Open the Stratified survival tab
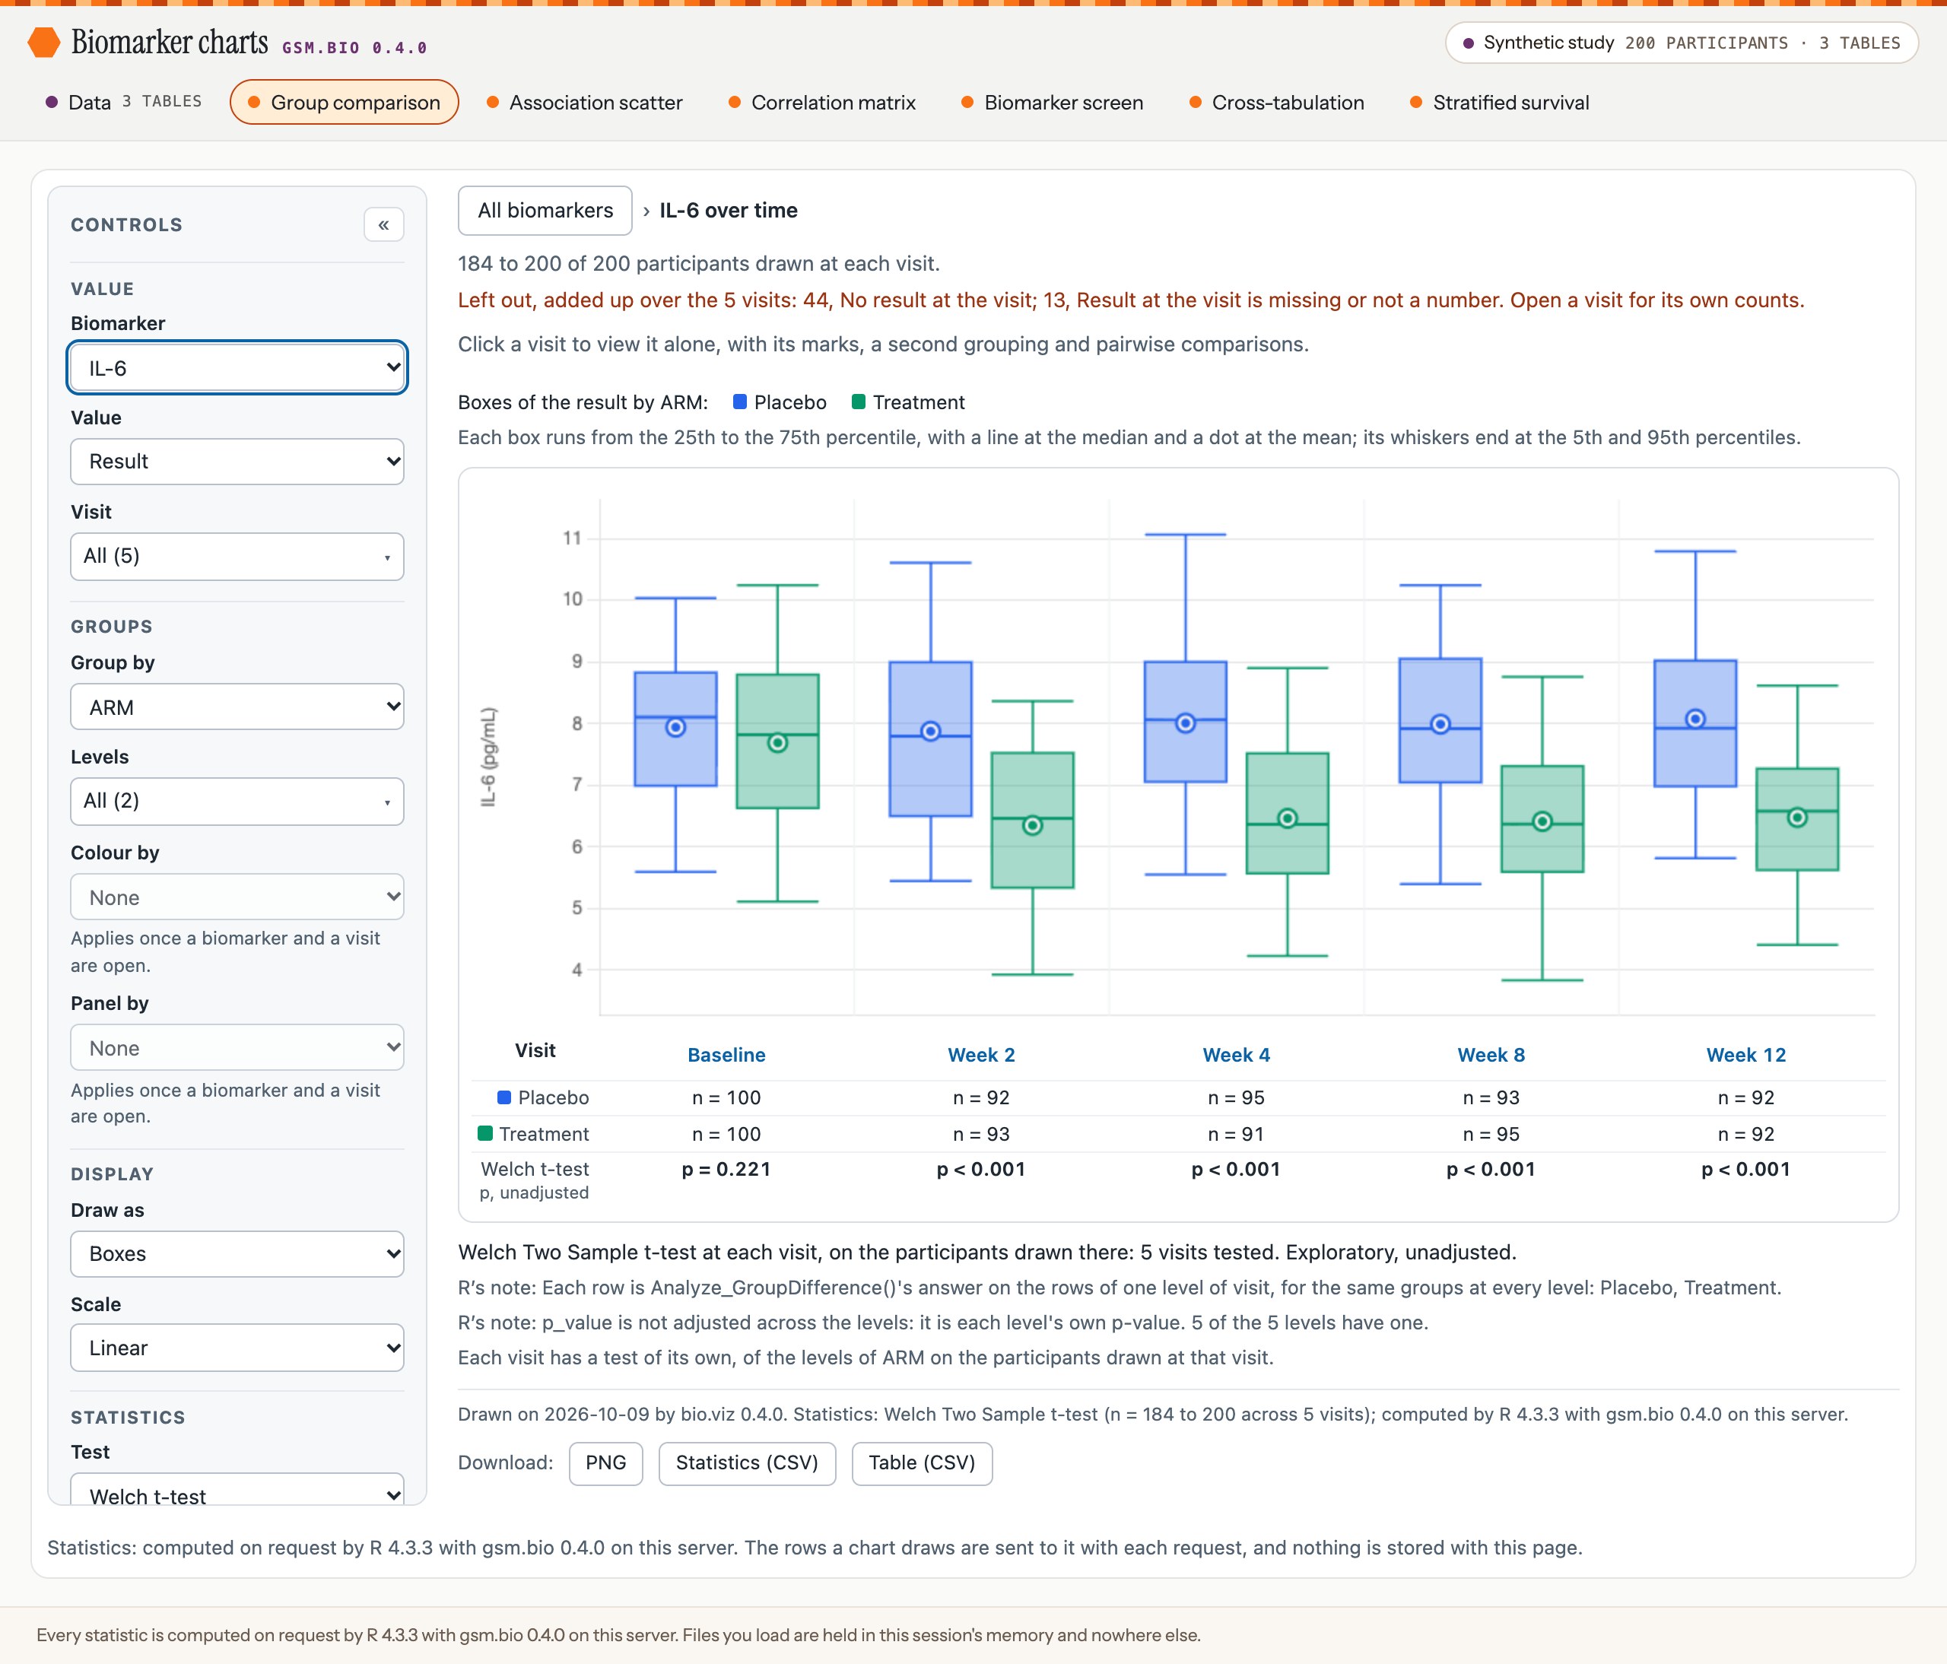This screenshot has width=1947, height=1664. click(x=1500, y=103)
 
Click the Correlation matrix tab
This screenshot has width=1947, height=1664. click(x=822, y=103)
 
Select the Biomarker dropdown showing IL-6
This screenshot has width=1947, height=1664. click(x=237, y=367)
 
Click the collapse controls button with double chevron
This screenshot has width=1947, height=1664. click(x=383, y=224)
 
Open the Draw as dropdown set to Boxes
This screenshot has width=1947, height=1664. click(x=237, y=1253)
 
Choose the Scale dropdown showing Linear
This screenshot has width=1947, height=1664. click(x=237, y=1348)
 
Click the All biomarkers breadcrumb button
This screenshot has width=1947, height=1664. click(x=545, y=211)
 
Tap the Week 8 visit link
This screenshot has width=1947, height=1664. click(x=1491, y=1054)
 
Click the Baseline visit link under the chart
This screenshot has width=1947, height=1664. click(x=726, y=1054)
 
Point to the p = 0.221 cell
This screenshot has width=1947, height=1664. click(x=726, y=1169)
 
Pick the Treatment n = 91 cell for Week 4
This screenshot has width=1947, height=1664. click(x=1236, y=1134)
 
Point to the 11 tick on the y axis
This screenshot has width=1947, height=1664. click(x=572, y=538)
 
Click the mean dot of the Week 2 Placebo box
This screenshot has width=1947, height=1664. click(x=930, y=731)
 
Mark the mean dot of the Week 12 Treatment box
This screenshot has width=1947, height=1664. click(x=1796, y=818)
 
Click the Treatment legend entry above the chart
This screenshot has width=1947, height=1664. click(x=908, y=402)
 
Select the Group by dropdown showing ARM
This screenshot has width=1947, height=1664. click(x=237, y=707)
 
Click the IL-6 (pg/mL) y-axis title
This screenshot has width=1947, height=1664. click(x=488, y=757)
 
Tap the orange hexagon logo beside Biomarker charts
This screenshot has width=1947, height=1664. click(x=43, y=43)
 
